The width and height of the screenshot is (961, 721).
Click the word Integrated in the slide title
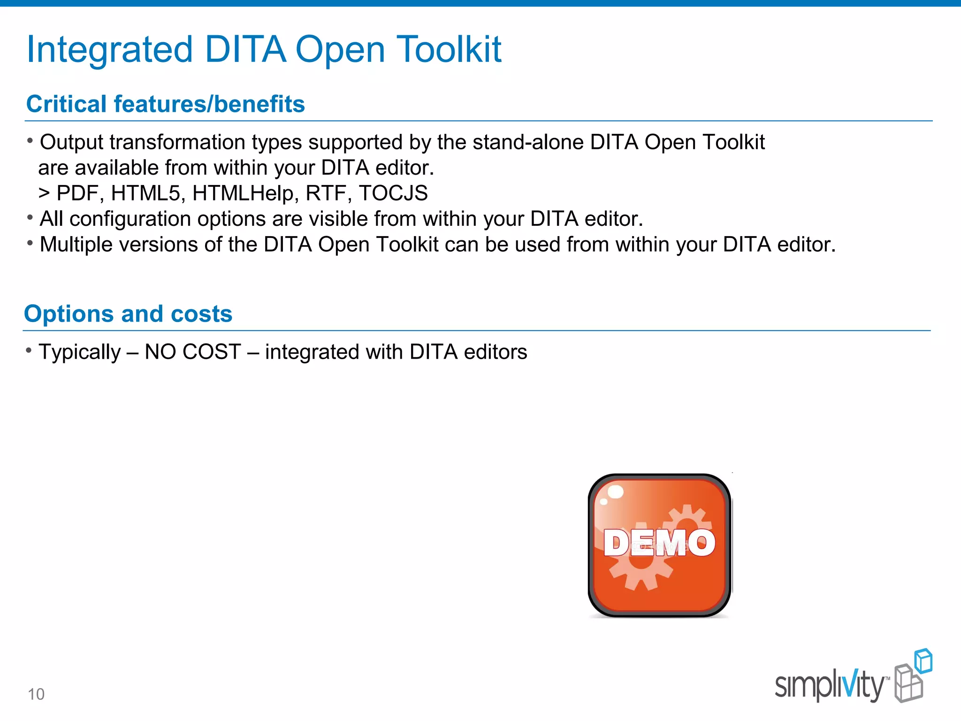(109, 50)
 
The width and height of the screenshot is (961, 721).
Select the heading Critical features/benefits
(165, 104)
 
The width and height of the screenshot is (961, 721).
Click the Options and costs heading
(128, 314)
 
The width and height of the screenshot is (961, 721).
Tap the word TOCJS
(393, 193)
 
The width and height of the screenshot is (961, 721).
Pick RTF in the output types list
(328, 193)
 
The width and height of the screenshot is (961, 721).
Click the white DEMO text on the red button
(659, 543)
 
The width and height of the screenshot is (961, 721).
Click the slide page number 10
(36, 694)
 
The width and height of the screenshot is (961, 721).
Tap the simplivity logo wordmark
(830, 686)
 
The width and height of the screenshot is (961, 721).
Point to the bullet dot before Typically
(29, 350)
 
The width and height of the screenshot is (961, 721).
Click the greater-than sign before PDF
(44, 193)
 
